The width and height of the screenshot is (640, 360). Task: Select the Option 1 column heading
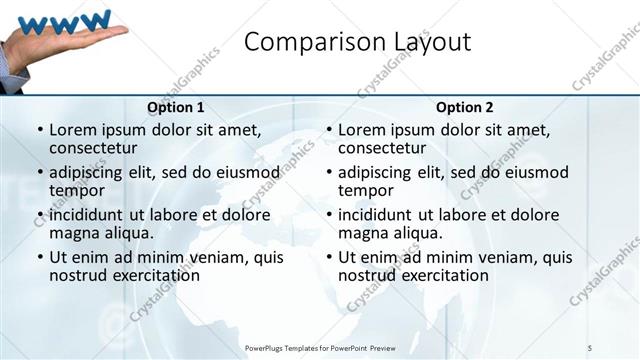[x=176, y=107]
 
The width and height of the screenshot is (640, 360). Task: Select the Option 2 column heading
[x=465, y=107]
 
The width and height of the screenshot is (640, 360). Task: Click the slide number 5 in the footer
[x=590, y=347]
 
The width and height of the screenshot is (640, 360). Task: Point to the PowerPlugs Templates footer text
[x=320, y=347]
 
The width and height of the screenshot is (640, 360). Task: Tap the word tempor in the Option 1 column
[x=77, y=190]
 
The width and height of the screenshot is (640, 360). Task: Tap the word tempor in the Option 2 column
[x=366, y=190]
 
